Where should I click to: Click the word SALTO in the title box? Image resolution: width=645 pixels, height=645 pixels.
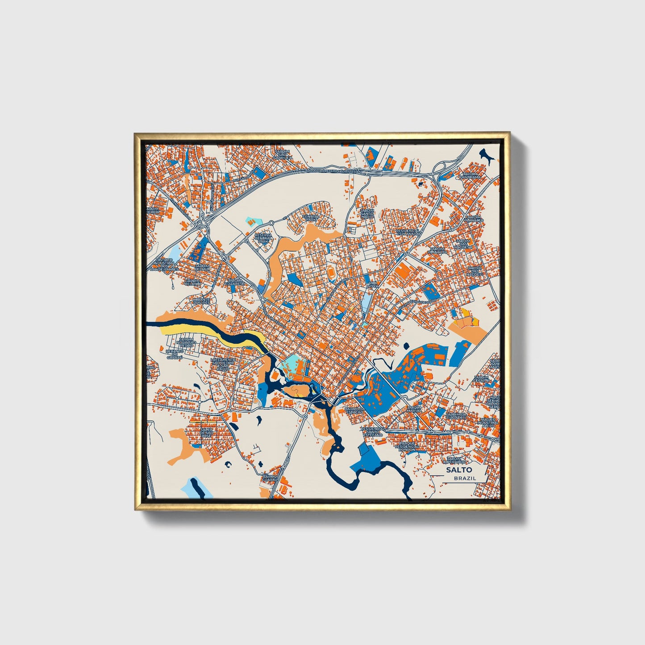(x=458, y=470)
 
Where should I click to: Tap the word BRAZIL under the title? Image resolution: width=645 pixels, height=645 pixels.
(x=465, y=478)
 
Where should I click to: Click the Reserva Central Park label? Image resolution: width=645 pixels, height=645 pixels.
(x=263, y=238)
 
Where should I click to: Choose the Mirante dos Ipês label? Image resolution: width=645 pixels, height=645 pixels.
(x=201, y=301)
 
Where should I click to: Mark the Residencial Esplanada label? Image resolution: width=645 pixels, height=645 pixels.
(x=408, y=232)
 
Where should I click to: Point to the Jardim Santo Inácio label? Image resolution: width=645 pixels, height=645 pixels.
(x=366, y=213)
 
